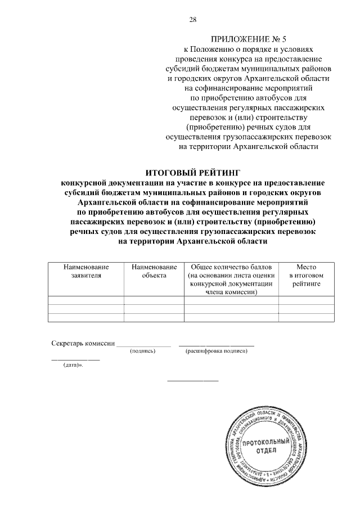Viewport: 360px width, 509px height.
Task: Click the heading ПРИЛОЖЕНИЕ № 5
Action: click(x=248, y=39)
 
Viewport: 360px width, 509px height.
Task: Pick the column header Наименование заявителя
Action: click(x=85, y=271)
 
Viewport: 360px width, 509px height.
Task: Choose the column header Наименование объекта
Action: click(x=154, y=271)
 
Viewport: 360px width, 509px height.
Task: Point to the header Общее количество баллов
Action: click(x=231, y=266)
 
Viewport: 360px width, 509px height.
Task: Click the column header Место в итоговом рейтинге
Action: click(x=307, y=275)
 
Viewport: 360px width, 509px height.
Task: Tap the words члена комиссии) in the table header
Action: click(x=231, y=292)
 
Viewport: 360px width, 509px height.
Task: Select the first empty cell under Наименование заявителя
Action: click(x=85, y=300)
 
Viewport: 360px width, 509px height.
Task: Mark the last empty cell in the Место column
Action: click(x=307, y=317)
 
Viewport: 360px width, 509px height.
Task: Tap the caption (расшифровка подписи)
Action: click(x=216, y=351)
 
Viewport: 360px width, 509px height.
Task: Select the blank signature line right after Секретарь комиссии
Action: click(x=143, y=345)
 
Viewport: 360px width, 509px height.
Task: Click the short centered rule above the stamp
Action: click(x=193, y=381)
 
